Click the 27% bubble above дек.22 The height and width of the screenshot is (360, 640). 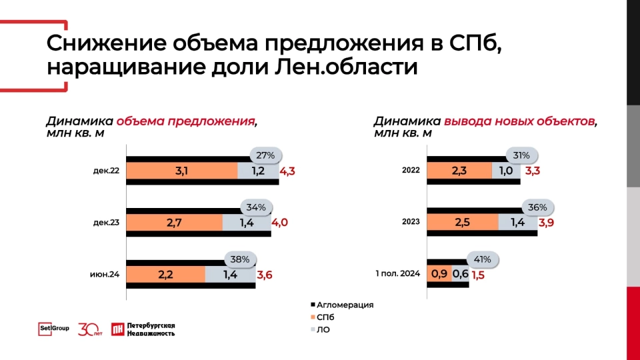(265, 155)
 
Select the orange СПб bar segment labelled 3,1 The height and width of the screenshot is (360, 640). (181, 171)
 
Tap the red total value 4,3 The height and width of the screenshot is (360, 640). (287, 171)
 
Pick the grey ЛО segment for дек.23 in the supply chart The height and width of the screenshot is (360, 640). (247, 223)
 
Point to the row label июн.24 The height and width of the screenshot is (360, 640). (105, 274)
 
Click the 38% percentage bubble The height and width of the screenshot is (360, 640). (239, 259)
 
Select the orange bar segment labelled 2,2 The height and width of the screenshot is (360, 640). (166, 275)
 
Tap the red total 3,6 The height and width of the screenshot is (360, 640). (265, 275)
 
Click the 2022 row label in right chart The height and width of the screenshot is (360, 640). (411, 170)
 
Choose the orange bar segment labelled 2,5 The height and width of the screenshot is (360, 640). (463, 222)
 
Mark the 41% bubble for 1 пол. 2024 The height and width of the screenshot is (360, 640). (482, 259)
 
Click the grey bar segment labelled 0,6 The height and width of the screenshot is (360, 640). (461, 274)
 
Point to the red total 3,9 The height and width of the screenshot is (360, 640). (546, 223)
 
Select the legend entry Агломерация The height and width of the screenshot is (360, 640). (342, 305)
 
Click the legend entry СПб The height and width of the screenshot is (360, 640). (323, 317)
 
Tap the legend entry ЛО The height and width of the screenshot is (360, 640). (321, 329)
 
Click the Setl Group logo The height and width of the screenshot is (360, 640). (53, 329)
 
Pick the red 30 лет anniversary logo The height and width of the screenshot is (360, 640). (90, 329)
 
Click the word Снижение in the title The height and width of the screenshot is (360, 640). (107, 43)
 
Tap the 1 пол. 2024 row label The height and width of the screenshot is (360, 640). (397, 273)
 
